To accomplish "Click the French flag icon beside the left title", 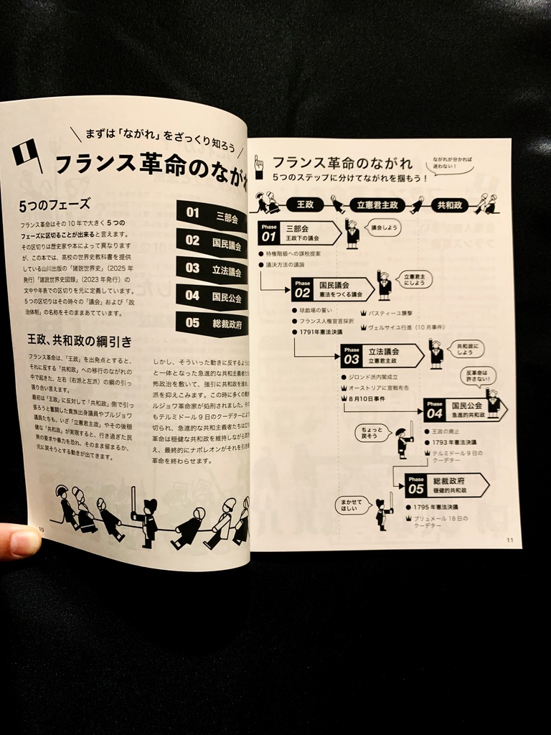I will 27,154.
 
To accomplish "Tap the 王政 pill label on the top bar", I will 304,205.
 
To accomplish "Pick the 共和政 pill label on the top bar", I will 450,205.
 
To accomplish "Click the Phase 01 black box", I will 269,233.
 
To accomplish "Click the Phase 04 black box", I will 435,410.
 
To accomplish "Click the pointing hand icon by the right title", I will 259,166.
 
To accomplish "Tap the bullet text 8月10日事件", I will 367,398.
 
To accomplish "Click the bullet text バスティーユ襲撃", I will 390,314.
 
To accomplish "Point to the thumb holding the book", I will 20,540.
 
